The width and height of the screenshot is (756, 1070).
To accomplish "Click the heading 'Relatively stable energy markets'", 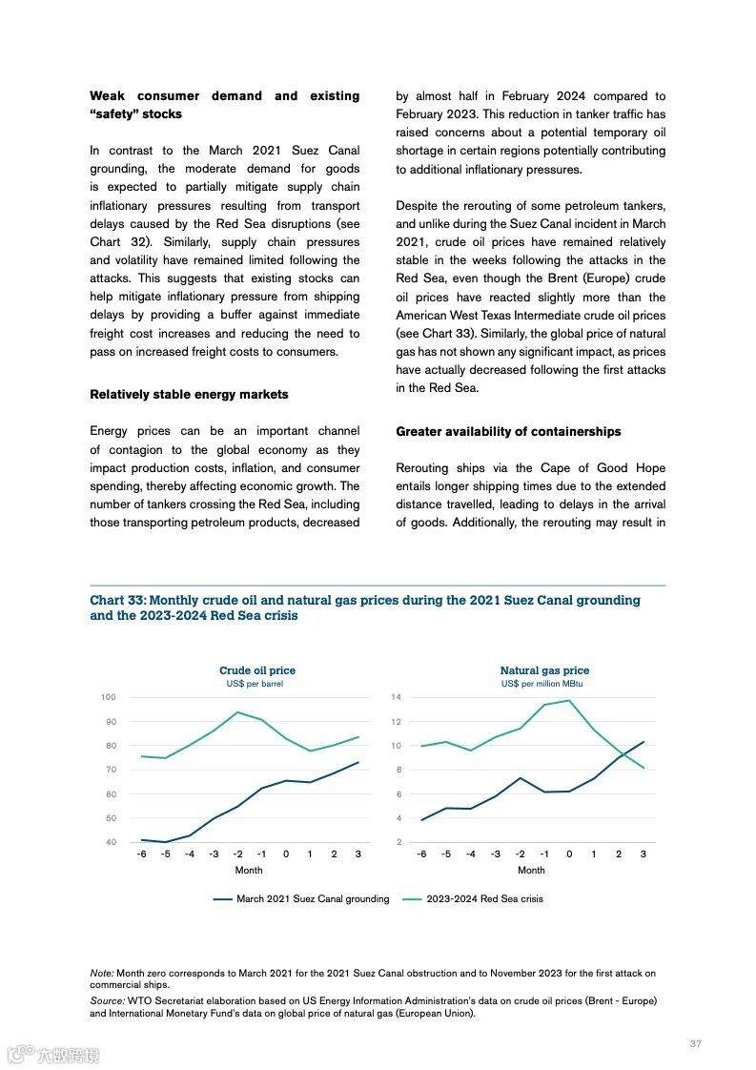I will pyautogui.click(x=189, y=394).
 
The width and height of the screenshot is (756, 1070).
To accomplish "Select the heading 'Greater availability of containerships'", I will pyautogui.click(x=508, y=431).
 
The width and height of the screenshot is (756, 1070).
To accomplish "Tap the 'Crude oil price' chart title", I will pyautogui.click(x=257, y=670).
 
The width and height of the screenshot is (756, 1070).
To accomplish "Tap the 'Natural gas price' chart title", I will pyautogui.click(x=544, y=670).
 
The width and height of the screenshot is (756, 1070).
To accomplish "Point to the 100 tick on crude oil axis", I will pyautogui.click(x=109, y=697).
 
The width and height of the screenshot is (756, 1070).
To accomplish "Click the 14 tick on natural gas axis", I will pyautogui.click(x=398, y=697).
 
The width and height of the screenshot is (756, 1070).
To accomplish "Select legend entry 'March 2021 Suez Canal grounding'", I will pyautogui.click(x=313, y=898).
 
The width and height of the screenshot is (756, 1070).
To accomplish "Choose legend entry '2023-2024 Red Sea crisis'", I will pyautogui.click(x=484, y=898).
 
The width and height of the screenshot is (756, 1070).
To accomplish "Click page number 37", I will pyautogui.click(x=695, y=1043).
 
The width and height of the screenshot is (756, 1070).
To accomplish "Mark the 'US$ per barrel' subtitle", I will pyautogui.click(x=255, y=684).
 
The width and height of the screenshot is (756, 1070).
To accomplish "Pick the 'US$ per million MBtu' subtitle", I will pyautogui.click(x=542, y=684).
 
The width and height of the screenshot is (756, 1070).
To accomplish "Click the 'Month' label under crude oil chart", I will pyautogui.click(x=249, y=870).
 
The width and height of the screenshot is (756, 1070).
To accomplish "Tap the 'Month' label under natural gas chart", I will pyautogui.click(x=531, y=870).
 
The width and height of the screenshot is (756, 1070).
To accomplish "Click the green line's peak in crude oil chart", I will pyautogui.click(x=237, y=712).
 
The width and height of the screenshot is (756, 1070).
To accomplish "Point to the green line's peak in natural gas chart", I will pyautogui.click(x=569, y=701).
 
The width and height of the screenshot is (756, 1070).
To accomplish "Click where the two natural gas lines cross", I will pyautogui.click(x=623, y=754).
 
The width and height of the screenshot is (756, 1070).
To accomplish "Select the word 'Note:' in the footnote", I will pyautogui.click(x=102, y=973).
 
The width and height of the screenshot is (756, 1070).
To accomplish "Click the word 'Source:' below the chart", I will pyautogui.click(x=107, y=1000).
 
